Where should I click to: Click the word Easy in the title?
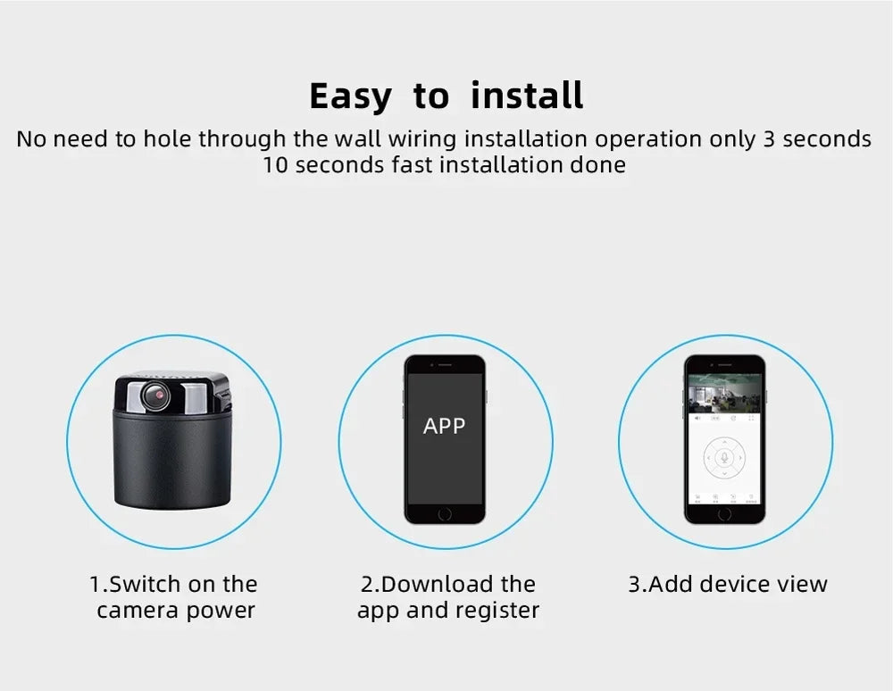click(x=350, y=96)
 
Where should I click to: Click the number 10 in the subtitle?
click(x=276, y=165)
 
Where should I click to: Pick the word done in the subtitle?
click(x=597, y=165)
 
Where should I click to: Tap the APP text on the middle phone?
click(x=444, y=426)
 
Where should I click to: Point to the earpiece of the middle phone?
click(x=445, y=365)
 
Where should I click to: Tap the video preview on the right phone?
click(x=724, y=393)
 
